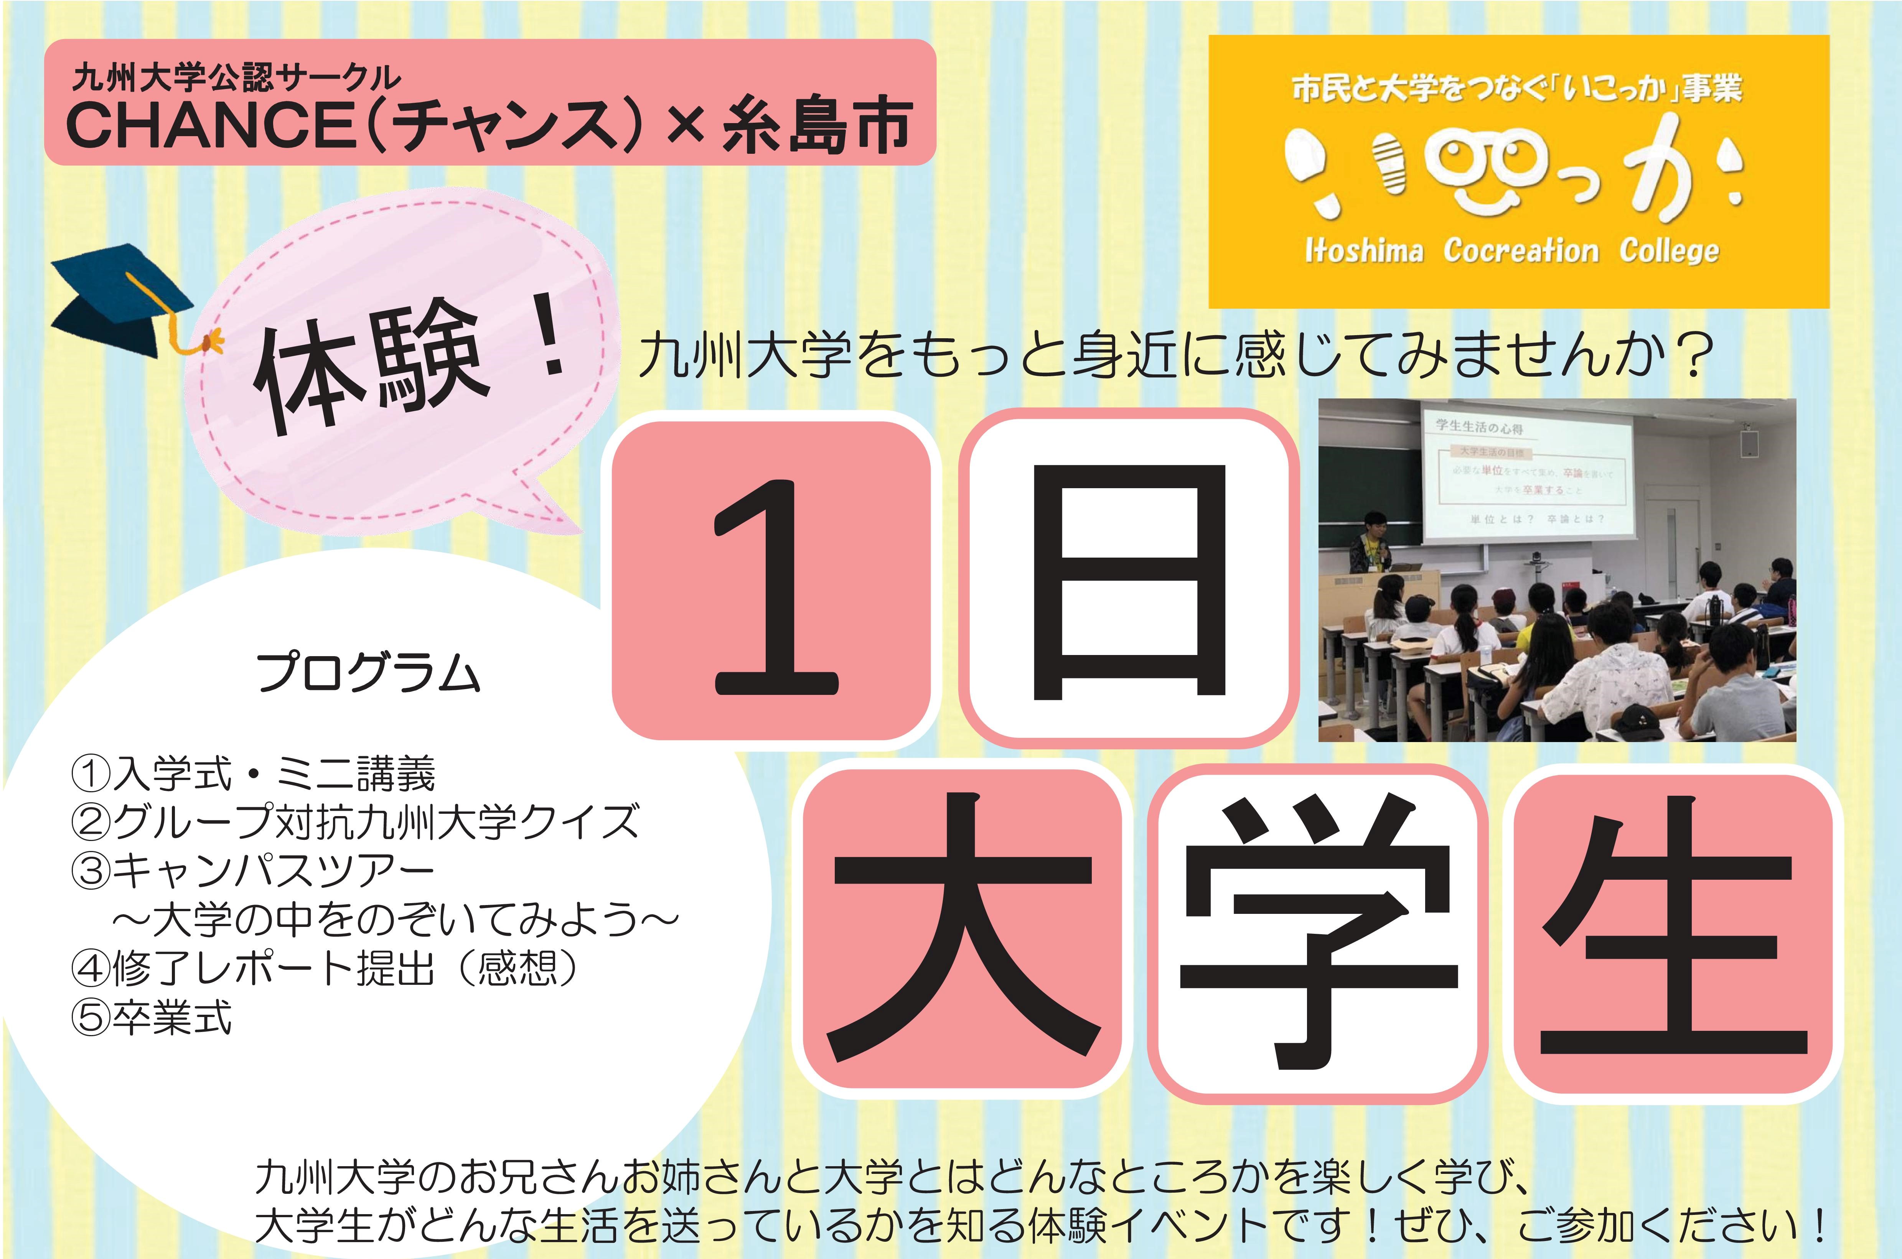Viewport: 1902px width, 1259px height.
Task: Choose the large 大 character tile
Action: point(961,931)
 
